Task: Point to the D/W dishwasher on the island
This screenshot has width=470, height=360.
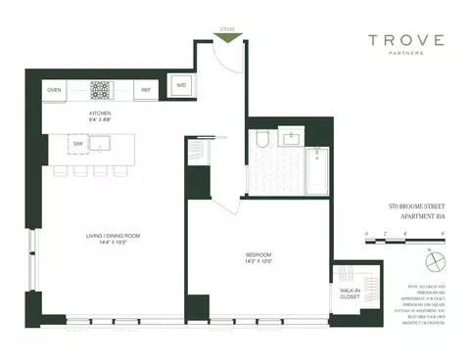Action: point(77,145)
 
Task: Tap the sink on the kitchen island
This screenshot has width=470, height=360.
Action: point(101,145)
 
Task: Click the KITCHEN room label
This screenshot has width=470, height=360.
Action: point(99,113)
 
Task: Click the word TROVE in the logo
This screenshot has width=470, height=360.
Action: point(405,41)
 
